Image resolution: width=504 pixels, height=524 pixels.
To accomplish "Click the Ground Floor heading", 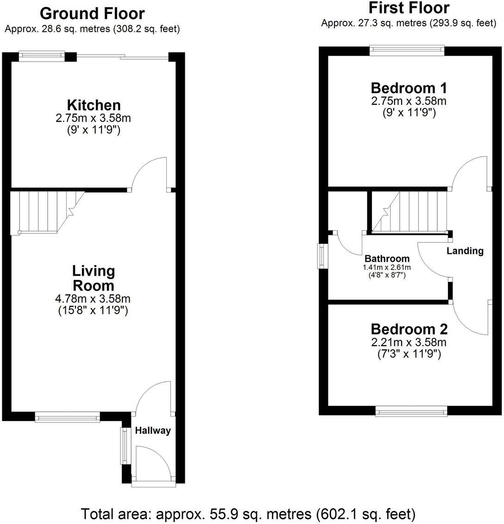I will [x=92, y=13].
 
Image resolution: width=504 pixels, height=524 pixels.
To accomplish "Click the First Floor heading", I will [x=409, y=8].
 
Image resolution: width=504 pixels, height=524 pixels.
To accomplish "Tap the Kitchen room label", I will [x=94, y=105].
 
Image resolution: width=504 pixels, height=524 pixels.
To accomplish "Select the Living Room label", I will [x=94, y=278].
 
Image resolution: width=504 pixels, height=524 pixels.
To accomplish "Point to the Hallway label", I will [x=153, y=430].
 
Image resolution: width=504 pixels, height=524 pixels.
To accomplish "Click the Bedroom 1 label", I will [x=409, y=88].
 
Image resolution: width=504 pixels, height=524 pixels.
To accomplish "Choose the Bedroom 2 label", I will [x=409, y=329].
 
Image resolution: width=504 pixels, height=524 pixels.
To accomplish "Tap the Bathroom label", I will [x=387, y=259].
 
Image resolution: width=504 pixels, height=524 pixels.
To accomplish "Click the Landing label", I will [x=465, y=251].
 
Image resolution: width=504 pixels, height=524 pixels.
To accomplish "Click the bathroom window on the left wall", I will [x=321, y=256].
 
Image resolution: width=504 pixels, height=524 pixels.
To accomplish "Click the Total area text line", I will [x=248, y=514].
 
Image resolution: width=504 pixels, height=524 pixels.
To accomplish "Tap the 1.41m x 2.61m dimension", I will [x=387, y=267].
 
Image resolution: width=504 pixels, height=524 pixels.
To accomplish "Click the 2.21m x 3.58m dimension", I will [x=409, y=343].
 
